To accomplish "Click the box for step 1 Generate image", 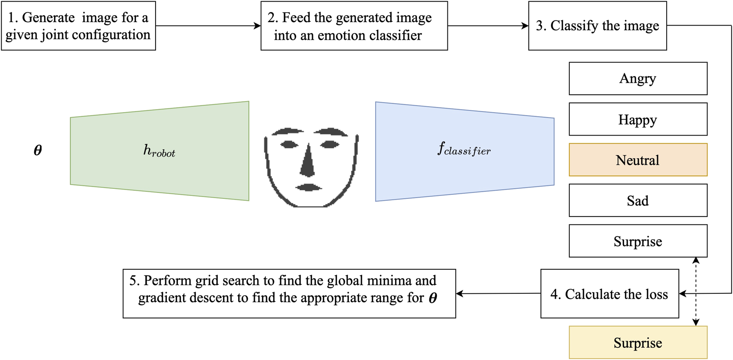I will [78, 26].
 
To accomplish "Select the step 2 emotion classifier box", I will [354, 26].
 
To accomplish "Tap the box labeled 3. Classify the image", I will [597, 26].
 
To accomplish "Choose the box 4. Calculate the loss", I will [609, 294].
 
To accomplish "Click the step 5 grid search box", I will [289, 294].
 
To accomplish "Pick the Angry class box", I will [638, 78].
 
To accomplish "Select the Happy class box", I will [638, 119].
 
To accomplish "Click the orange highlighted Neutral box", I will [638, 160].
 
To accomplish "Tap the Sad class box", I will [638, 201].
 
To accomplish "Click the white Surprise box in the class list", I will [638, 241].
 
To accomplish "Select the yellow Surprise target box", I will [638, 343].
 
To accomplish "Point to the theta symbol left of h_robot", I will [38, 150].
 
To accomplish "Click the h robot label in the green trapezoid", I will [159, 151].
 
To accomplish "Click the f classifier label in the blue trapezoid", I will [464, 149].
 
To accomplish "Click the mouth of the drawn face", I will [309, 187].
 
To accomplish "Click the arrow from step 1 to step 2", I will [208, 26].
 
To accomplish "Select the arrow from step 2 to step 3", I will [488, 26].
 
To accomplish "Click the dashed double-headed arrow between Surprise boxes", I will [696, 292].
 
